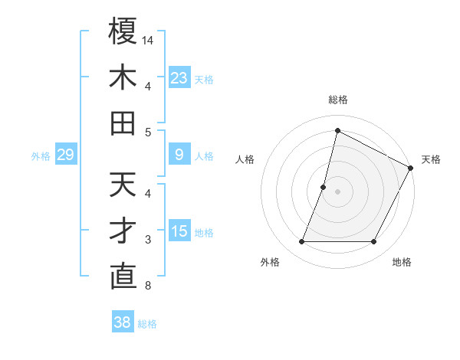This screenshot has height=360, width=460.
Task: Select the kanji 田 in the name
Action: pos(123,123)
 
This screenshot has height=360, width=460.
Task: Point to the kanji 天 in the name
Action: pos(123,185)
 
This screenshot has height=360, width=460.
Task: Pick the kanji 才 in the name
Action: pos(123,231)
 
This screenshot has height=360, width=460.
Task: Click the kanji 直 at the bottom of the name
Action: pos(123,277)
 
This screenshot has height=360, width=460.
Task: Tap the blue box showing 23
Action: pos(179,77)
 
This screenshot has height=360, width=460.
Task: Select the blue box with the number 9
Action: pos(179,155)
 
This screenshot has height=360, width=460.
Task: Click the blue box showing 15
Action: pos(179,231)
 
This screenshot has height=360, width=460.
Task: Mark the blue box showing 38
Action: pos(122,322)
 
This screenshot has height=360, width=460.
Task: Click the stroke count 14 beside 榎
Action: pos(148,39)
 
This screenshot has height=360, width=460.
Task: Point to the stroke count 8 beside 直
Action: pos(148,286)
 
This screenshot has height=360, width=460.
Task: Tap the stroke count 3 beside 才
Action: pos(148,240)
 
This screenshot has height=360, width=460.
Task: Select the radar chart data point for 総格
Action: pos(337,130)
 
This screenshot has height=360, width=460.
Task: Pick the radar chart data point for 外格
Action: pos(301,242)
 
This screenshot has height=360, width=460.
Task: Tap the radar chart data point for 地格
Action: pos(374,242)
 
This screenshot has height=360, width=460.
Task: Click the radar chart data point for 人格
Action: pos(324,187)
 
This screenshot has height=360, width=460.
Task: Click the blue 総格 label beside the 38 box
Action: pos(147,324)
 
